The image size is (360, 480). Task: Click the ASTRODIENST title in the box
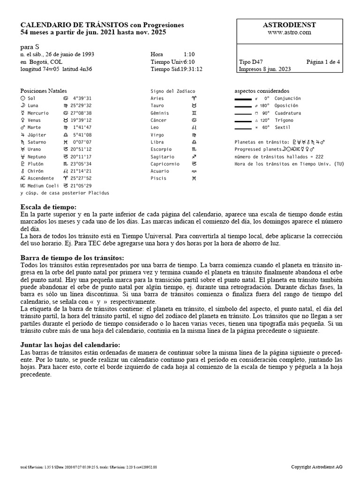(x=290, y=25)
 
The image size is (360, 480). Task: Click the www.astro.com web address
(x=290, y=32)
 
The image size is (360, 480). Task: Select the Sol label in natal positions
(x=31, y=98)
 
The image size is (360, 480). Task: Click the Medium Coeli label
(x=43, y=186)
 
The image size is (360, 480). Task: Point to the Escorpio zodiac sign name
(x=162, y=149)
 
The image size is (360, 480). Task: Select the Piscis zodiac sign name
(x=158, y=178)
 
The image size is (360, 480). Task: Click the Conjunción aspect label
(x=287, y=98)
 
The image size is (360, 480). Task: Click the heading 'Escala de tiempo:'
(x=48, y=207)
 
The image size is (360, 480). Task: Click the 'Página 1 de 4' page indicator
(x=323, y=61)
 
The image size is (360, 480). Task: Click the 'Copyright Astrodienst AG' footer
(x=316, y=467)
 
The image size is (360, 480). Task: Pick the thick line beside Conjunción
(x=243, y=99)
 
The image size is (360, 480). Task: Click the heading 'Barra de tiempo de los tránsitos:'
(x=73, y=258)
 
